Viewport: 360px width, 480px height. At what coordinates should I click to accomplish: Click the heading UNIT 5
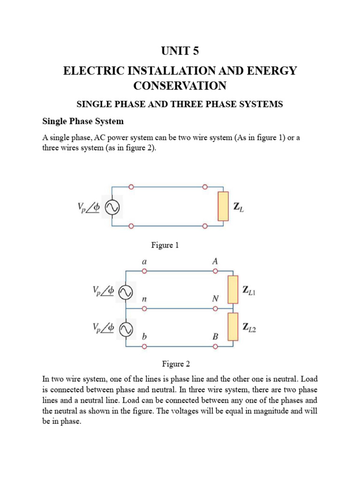point(180,51)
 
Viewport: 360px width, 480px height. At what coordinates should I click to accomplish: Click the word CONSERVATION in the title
point(180,86)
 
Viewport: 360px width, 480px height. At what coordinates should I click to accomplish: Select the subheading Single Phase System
point(83,121)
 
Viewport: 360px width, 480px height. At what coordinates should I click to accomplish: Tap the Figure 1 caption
point(165,245)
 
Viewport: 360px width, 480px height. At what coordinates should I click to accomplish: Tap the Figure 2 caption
point(176,364)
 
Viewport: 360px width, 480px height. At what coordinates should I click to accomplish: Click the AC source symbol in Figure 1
point(112,208)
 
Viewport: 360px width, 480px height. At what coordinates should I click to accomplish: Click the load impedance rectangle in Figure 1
point(223,206)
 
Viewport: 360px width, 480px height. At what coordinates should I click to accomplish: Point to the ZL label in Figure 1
point(239,207)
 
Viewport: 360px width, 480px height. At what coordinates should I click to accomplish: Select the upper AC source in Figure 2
point(126,292)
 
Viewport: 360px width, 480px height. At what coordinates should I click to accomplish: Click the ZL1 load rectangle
point(233,290)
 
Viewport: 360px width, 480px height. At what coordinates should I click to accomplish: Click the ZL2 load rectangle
point(233,327)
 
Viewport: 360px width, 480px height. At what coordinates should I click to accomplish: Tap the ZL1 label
point(249,290)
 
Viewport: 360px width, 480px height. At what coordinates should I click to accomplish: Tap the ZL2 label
point(249,327)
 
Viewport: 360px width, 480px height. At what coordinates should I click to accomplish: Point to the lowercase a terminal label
point(144,262)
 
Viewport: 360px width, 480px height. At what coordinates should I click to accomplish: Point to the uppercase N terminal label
point(216,299)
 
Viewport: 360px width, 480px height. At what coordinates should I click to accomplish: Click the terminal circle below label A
point(216,271)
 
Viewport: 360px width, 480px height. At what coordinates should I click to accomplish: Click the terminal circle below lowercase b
point(144,346)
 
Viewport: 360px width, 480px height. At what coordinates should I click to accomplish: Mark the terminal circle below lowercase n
point(144,308)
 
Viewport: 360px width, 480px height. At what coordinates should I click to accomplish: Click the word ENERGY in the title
point(272,71)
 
